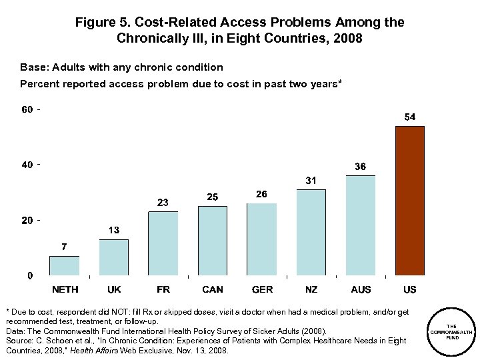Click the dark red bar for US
pos(410,201)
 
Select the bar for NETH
pos(64,265)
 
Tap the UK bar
pos(114,257)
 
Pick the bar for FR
pos(163,243)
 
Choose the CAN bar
pos(213,241)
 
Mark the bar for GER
pos(262,239)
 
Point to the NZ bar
pos(311,233)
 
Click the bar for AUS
pos(361,225)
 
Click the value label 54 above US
pos(410,117)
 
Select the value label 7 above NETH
pos(64,247)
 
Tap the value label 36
pos(360,167)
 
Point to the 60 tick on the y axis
pos(27,109)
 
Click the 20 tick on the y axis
pos(27,220)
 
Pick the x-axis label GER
pos(262,289)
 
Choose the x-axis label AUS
pos(361,289)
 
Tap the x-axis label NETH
pos(65,289)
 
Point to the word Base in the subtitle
pos(33,67)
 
